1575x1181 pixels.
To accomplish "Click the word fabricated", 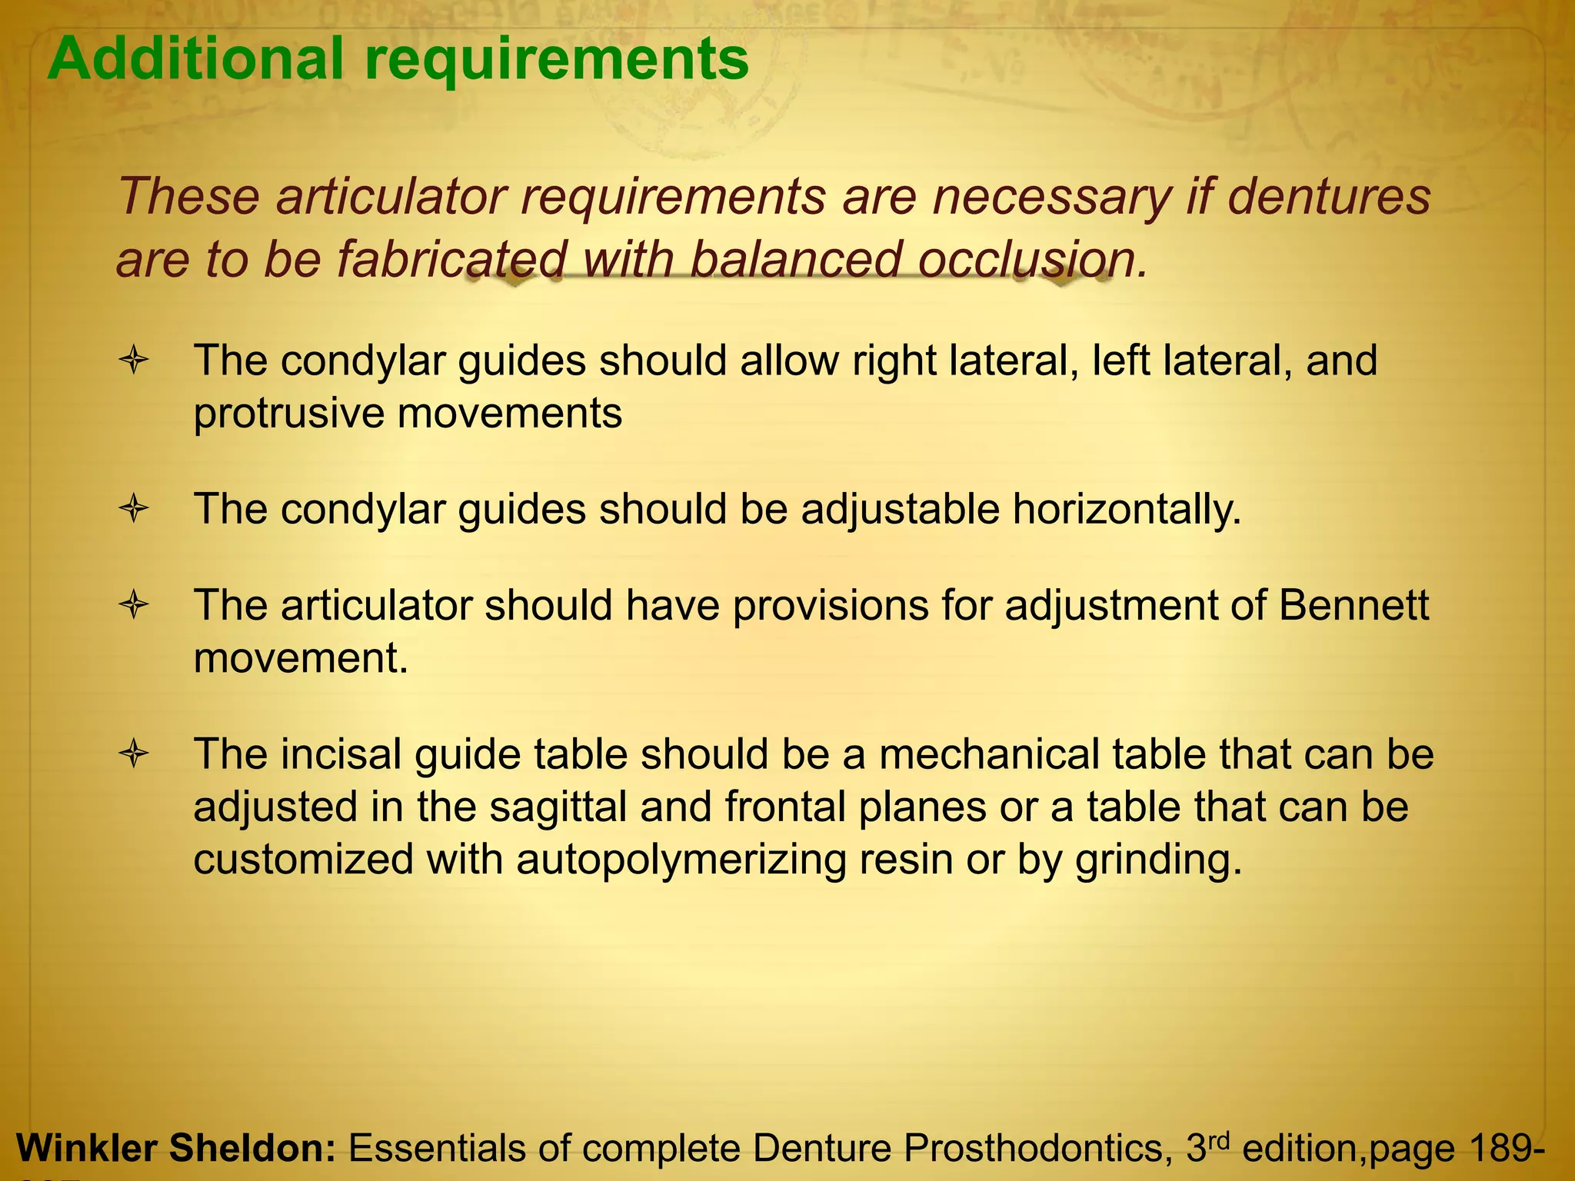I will [x=453, y=259].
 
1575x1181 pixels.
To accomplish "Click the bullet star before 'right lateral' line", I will [x=133, y=361].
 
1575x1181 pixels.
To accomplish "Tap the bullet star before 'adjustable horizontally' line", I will [x=133, y=509].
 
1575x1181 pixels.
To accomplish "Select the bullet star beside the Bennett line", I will [x=133, y=606].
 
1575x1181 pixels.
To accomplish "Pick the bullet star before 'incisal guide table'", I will [x=133, y=754].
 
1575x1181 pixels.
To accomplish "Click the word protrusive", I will [x=288, y=414].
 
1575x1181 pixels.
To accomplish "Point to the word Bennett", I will [x=1354, y=606].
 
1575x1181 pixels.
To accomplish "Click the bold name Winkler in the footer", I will [x=86, y=1148].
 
